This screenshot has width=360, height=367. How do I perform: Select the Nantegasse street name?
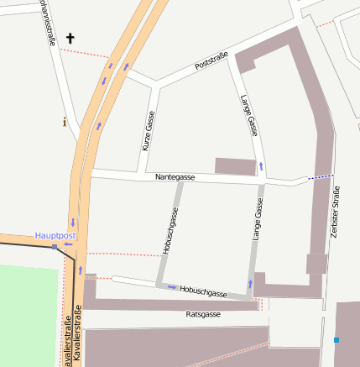pos(175,177)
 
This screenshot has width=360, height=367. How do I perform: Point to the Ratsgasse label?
pos(202,314)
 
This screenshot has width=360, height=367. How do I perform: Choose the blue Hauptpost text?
pos(55,236)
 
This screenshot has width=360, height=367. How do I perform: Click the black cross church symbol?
pos(70,38)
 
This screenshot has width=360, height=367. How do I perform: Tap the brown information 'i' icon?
pos(65,122)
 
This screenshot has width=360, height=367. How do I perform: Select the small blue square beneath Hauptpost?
pos(55,247)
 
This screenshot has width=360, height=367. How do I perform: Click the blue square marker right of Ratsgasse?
pos(337,340)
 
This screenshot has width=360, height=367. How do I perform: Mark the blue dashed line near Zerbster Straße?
pos(320,177)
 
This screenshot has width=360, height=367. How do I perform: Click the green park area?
pos(30,315)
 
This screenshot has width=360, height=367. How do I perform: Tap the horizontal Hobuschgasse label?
pos(203,291)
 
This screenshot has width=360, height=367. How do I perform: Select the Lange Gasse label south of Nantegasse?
pos(258,221)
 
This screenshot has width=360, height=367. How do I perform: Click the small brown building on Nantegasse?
pos(235,165)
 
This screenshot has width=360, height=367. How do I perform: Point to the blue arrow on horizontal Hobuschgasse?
pos(172,287)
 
